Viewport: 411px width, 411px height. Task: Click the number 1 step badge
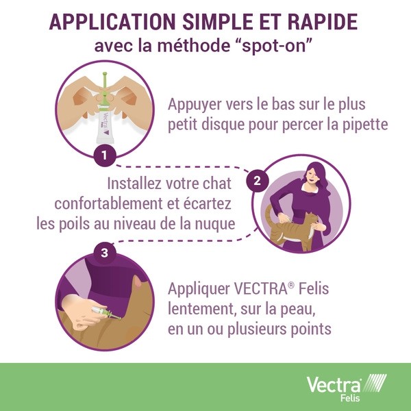104,155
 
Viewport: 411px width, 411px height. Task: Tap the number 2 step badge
257,181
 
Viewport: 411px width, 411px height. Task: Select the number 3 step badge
104,253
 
